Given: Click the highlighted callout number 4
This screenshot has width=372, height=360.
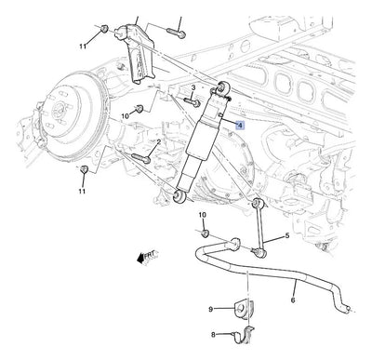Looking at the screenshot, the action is point(240,125).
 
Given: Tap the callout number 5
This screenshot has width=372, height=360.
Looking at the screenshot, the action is point(287,235).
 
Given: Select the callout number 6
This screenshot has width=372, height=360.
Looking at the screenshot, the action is point(293,300).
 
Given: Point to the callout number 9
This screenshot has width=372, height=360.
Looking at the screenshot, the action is point(211,309).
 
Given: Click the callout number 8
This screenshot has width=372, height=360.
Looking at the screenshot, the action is point(213,335).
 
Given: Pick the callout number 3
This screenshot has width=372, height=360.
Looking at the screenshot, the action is point(193,88).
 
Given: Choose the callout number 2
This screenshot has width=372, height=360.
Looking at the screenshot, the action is point(159,142).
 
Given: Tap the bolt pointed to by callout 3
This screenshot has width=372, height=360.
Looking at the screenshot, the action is point(193,102).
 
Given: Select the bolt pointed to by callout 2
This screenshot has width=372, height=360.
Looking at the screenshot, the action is point(141,158).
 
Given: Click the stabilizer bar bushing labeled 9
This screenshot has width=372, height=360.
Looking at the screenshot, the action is point(244,308).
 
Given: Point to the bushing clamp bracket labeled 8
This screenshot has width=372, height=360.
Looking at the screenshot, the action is point(244,335).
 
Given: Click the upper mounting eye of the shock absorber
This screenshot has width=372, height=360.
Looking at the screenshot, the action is point(223,87).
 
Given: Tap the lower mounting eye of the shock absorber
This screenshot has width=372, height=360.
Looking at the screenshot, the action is point(179,196).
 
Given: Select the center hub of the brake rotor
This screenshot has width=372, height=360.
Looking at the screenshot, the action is point(58,109).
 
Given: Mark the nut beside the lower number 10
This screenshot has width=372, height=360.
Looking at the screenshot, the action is point(205,233).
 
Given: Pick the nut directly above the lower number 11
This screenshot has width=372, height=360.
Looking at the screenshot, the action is point(84,169).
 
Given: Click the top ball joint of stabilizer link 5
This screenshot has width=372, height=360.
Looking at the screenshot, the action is point(258,203).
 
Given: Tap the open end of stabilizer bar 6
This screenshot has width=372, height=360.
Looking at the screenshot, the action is point(348,309).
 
